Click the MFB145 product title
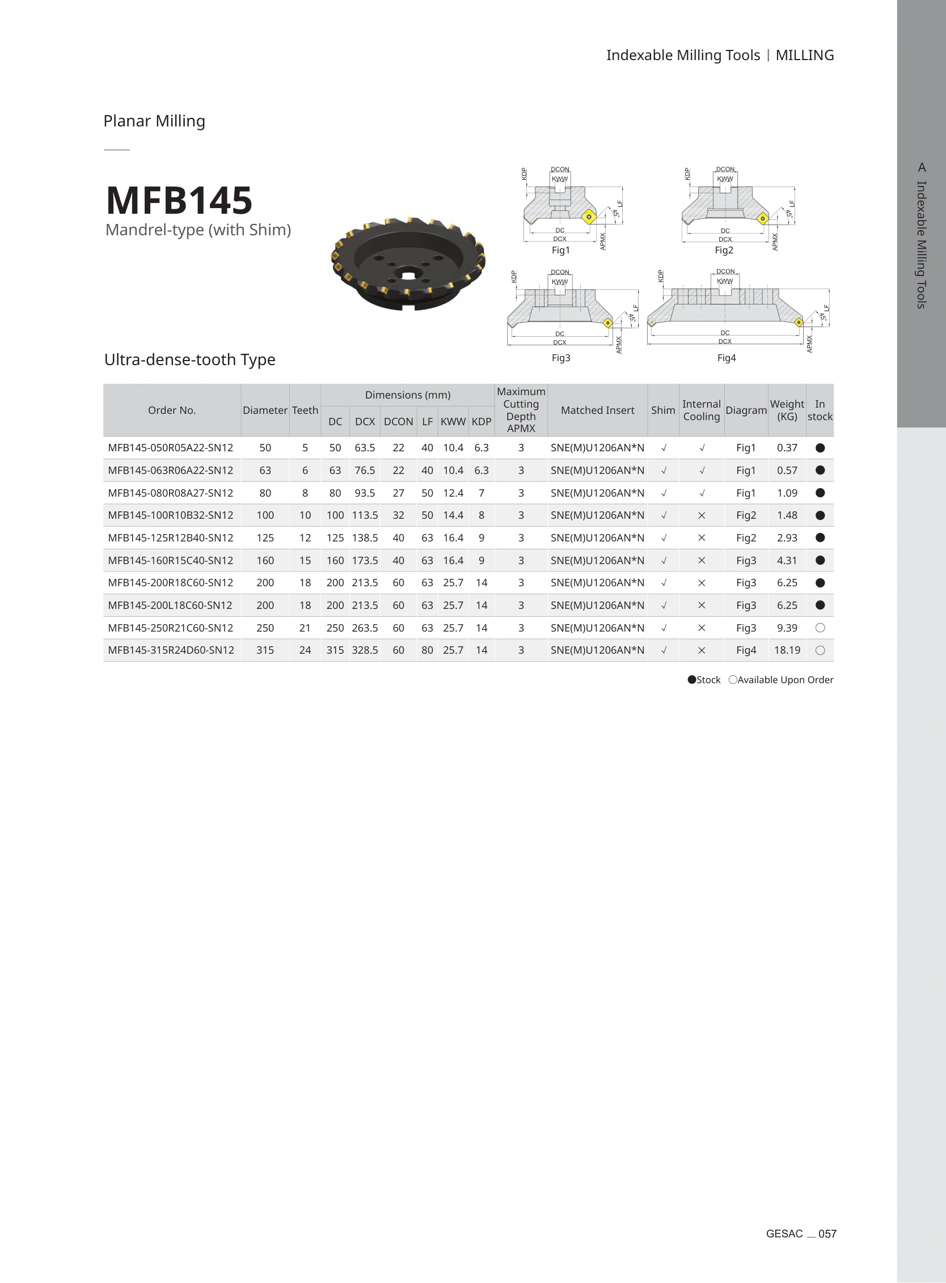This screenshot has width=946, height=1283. point(179,200)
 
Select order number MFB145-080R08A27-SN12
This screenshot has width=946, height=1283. point(171,493)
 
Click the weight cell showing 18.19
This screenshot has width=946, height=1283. point(787,650)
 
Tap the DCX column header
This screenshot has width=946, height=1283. point(365,421)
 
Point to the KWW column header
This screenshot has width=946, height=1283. point(453,421)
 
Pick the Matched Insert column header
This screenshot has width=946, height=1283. point(597,410)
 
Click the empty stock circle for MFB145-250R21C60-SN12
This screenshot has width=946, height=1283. point(820,628)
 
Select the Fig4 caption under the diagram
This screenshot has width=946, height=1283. point(726,358)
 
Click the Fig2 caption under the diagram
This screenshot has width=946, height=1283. point(724,250)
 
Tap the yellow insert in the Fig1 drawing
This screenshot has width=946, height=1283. point(589,217)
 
